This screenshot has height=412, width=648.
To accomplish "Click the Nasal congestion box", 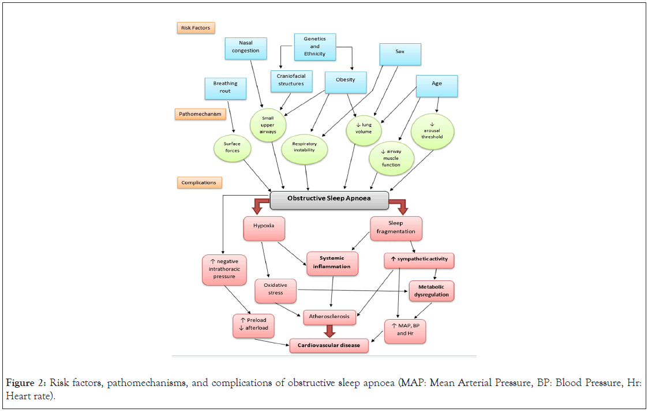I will [x=246, y=48].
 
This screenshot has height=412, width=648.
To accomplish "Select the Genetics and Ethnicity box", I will [x=314, y=47].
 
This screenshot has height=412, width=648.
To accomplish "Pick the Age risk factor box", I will [x=437, y=85].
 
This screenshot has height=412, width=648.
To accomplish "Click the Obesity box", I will [x=346, y=82].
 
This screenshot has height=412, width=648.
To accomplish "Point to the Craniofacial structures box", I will [x=291, y=81].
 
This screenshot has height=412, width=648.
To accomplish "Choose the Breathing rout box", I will [x=225, y=88].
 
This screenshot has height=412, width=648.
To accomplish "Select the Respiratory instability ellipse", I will [x=305, y=147].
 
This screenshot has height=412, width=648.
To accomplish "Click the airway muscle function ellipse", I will [x=391, y=158].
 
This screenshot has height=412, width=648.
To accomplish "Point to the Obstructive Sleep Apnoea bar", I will [x=329, y=199].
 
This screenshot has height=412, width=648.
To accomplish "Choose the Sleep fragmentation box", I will [x=395, y=228].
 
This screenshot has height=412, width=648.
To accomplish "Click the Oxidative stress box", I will [x=275, y=290].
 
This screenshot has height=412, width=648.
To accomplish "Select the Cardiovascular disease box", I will [x=328, y=345].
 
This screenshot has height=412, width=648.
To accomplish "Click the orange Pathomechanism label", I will [x=200, y=114].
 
